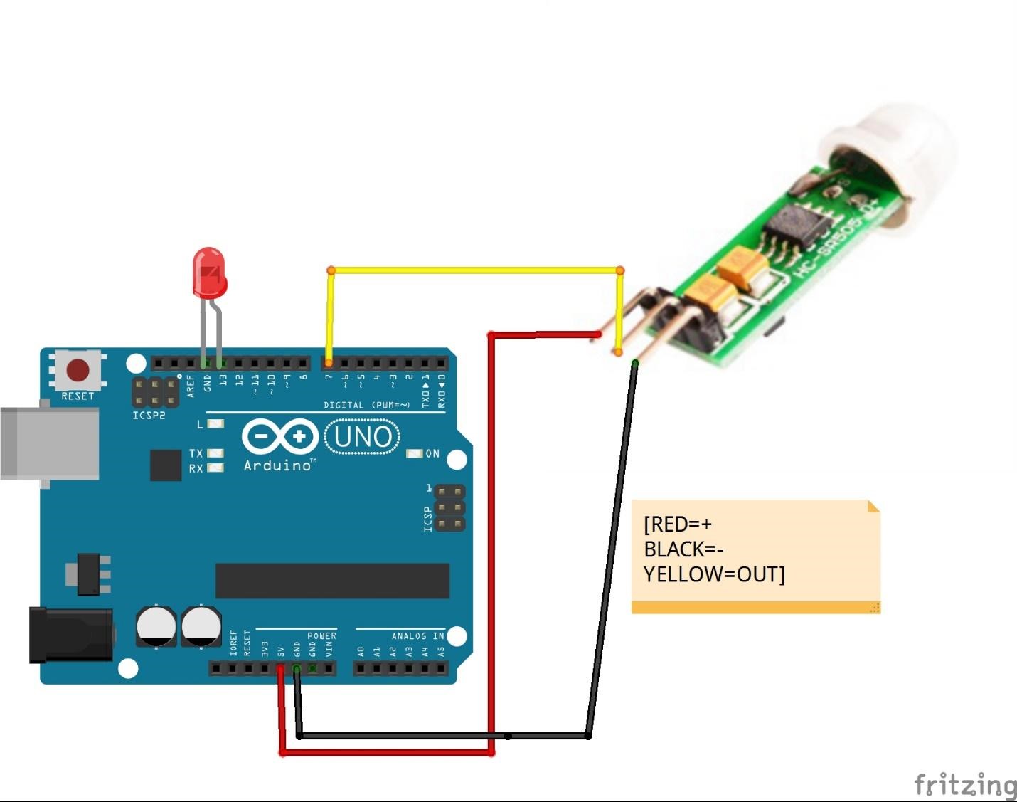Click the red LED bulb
tap(209, 272)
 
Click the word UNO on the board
tap(362, 437)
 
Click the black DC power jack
tap(70, 633)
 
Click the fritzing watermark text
tap(965, 784)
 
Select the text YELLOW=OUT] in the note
tap(714, 574)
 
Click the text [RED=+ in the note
tap(677, 524)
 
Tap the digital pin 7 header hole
tap(328, 364)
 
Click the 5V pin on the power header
tap(280, 668)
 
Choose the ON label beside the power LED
tap(432, 453)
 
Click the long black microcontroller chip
tap(332, 581)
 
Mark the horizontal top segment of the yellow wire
tap(475, 270)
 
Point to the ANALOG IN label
tap(417, 635)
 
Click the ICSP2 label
tap(149, 415)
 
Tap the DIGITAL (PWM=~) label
tap(367, 405)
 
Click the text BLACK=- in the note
tap(683, 549)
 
